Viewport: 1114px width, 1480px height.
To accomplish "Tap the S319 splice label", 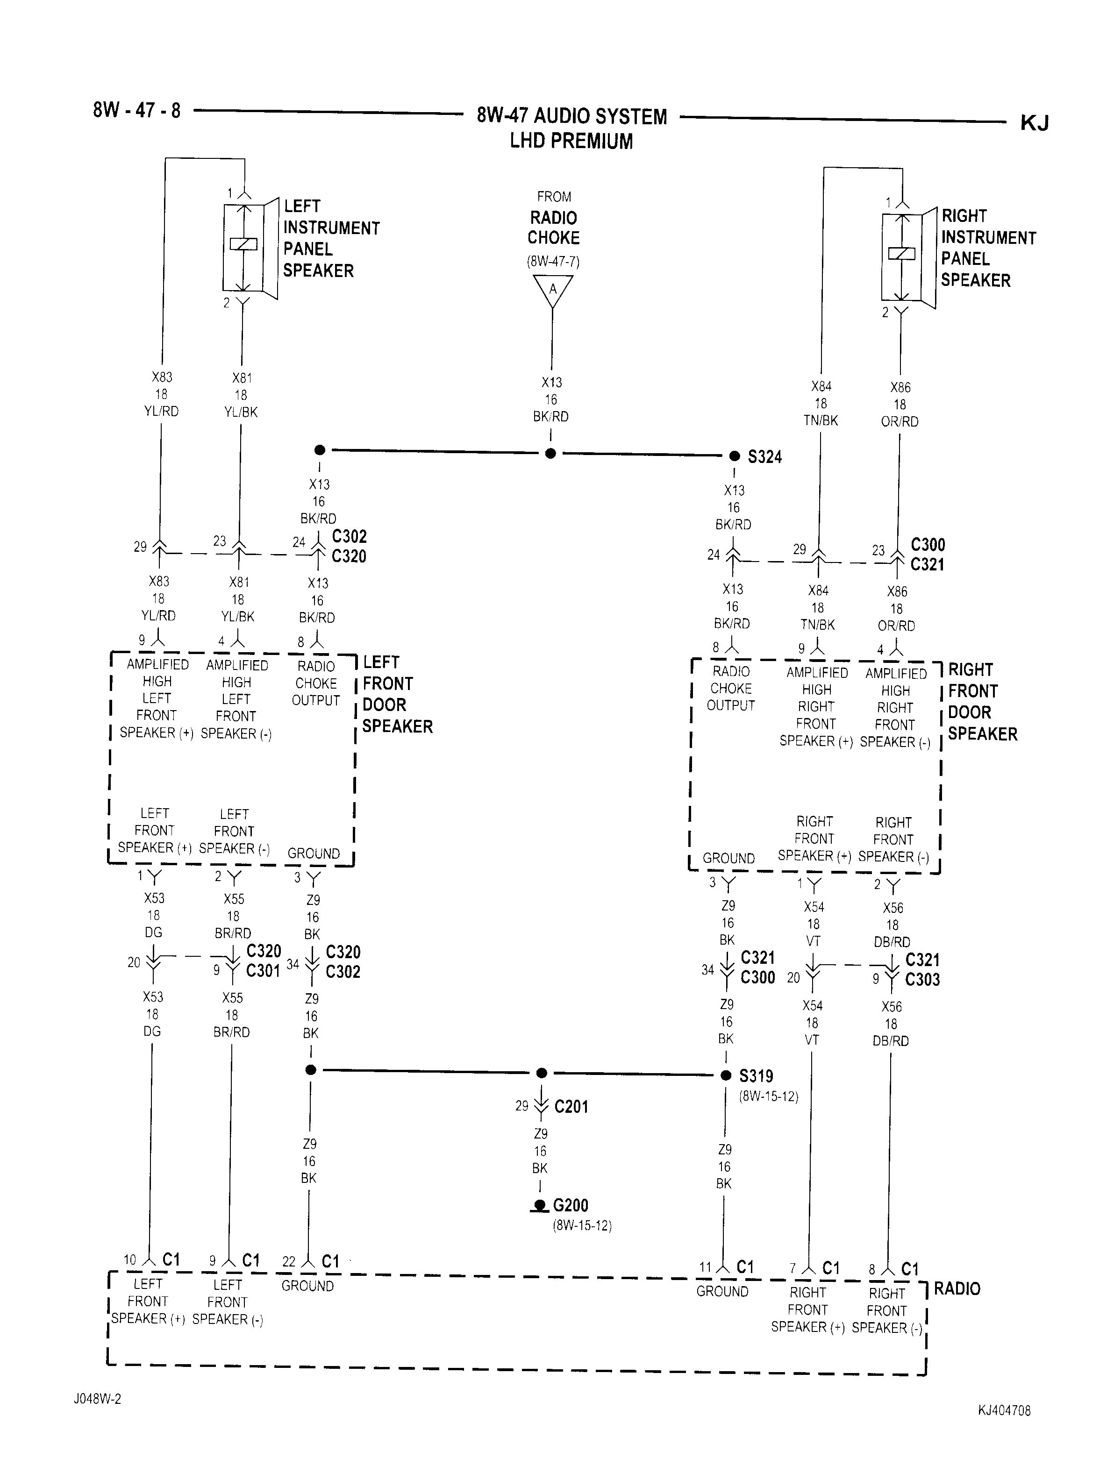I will pyautogui.click(x=756, y=1076).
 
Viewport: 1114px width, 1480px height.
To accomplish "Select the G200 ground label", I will pyautogui.click(x=570, y=1206).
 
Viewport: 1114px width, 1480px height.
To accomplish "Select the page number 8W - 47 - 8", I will pyautogui.click(x=136, y=110).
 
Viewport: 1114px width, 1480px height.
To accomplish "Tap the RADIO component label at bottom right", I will pyautogui.click(x=957, y=1288).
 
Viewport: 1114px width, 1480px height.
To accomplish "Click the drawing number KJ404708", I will pyautogui.click(x=1004, y=1411).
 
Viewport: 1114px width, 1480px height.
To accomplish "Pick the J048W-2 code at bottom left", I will pyautogui.click(x=97, y=1399).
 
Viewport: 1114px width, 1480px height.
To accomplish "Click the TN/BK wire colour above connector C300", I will pyautogui.click(x=820, y=421).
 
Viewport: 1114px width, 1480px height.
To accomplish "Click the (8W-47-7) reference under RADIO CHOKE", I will pyautogui.click(x=553, y=262).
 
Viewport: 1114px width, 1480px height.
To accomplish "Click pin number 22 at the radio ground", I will pyautogui.click(x=288, y=1262).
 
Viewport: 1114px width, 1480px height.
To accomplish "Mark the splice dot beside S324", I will pyautogui.click(x=735, y=456).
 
